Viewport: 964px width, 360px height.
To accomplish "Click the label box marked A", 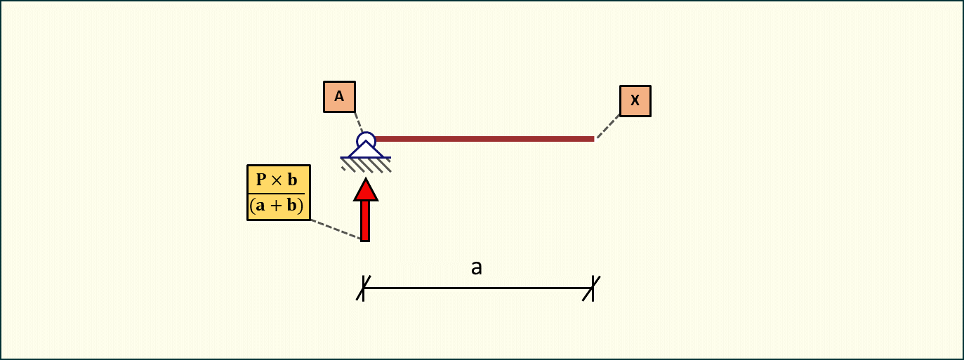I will click(339, 97).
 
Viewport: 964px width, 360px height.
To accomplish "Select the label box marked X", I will click(635, 100).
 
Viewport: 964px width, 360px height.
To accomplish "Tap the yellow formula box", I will click(279, 193).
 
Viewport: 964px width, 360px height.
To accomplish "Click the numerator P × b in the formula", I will click(279, 180).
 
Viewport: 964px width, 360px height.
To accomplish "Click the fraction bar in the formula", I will click(279, 193).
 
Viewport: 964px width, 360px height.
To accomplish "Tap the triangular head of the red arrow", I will click(365, 189).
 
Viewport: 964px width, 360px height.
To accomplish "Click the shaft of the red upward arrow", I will click(365, 220).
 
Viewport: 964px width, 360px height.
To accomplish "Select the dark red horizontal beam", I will click(484, 139).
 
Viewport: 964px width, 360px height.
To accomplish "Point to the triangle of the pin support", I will click(366, 150).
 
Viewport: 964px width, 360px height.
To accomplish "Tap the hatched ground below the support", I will click(366, 165).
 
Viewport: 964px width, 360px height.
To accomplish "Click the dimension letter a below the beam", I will click(477, 267).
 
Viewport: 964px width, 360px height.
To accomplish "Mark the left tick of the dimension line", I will click(364, 288).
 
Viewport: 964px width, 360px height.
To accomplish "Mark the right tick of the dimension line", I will click(593, 288).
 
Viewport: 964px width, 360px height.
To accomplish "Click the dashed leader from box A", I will click(357, 121).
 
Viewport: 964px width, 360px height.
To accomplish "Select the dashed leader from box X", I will click(608, 127).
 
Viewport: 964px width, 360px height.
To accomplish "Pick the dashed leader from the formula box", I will click(336, 230).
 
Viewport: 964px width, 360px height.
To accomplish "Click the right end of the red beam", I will click(592, 139).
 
